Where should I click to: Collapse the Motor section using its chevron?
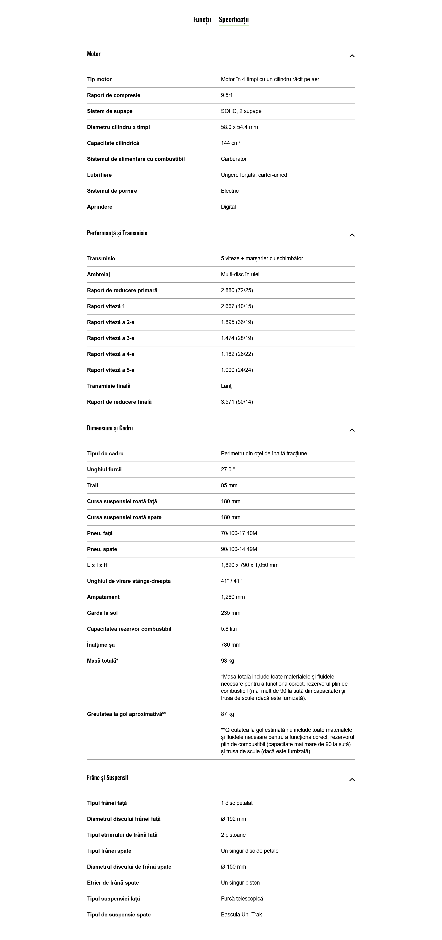tap(352, 56)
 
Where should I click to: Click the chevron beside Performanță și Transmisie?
tap(352, 235)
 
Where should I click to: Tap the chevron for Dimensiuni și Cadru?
tap(352, 430)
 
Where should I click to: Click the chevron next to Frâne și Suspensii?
tap(352, 780)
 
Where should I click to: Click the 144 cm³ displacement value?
tap(231, 143)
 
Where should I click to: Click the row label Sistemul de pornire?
tap(112, 191)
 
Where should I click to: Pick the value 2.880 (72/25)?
tap(237, 290)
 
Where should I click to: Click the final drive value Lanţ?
tap(226, 386)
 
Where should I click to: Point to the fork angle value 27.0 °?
tap(228, 470)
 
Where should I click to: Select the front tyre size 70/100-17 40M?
tap(239, 533)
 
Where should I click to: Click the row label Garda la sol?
tap(102, 613)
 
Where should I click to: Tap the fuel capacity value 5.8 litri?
tap(229, 629)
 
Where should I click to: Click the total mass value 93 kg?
tap(227, 661)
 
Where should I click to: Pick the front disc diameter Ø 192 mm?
tap(233, 819)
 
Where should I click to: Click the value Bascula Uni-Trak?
tap(241, 915)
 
